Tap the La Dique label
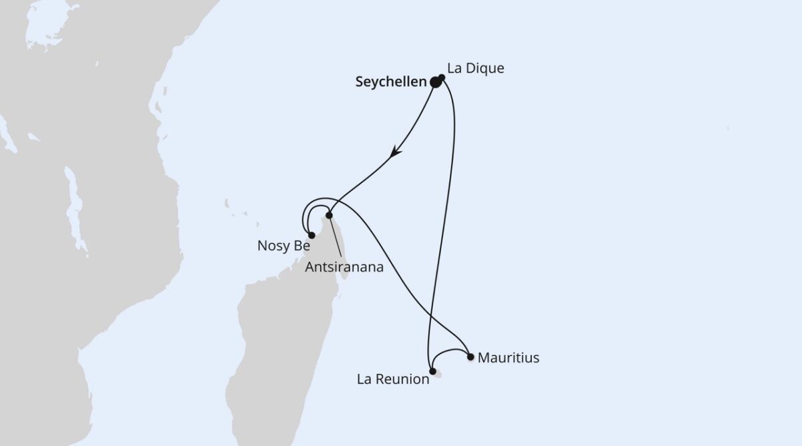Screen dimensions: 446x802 pyautogui.click(x=476, y=68)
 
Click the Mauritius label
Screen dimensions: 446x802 pyautogui.click(x=509, y=359)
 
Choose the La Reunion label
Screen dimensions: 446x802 pyautogui.click(x=392, y=380)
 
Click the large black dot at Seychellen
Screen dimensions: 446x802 pyautogui.click(x=436, y=82)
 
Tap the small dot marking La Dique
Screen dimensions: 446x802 pyautogui.click(x=442, y=77)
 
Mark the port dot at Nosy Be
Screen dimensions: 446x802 pyautogui.click(x=311, y=235)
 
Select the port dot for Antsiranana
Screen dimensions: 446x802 pyautogui.click(x=329, y=215)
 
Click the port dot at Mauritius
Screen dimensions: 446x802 pyautogui.click(x=471, y=357)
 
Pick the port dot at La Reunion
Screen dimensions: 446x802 pyautogui.click(x=433, y=371)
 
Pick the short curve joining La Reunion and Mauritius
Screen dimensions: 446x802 pyautogui.click(x=451, y=351)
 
